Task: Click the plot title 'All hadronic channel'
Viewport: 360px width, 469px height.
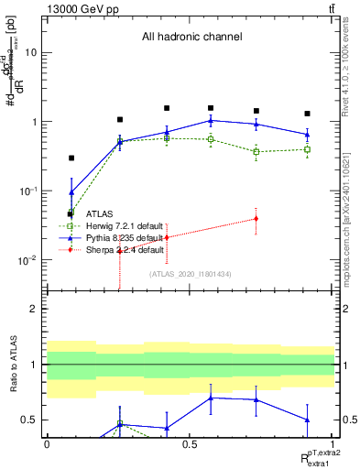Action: click(x=191, y=38)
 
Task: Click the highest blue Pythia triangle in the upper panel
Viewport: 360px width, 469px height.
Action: click(x=212, y=120)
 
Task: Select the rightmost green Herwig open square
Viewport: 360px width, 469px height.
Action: click(x=307, y=149)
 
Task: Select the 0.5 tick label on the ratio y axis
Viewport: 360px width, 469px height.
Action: click(x=29, y=420)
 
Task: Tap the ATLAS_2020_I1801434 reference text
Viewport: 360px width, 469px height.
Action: click(x=190, y=273)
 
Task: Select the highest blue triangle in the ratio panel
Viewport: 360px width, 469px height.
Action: click(x=212, y=398)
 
